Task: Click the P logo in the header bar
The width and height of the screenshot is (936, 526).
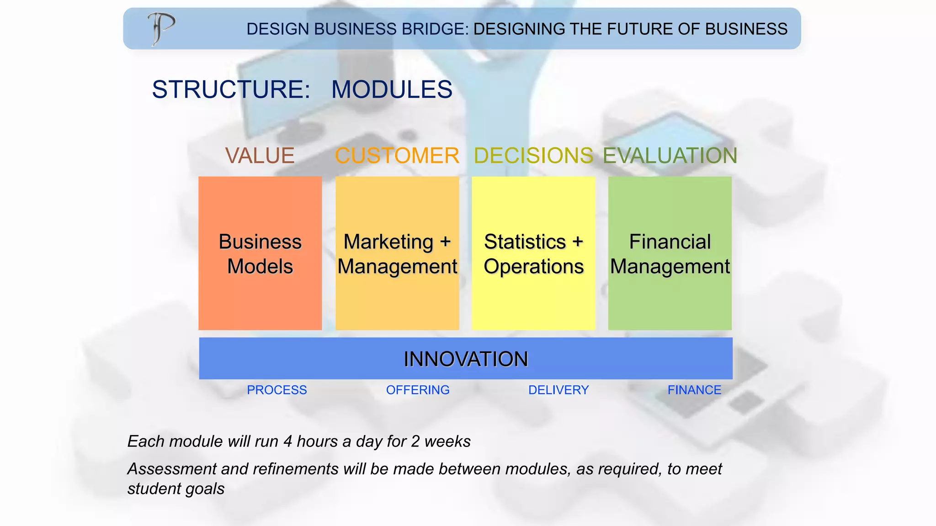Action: [x=161, y=28]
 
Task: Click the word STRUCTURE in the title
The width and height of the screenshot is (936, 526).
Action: [x=231, y=89]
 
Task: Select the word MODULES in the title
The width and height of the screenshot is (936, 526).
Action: [x=392, y=89]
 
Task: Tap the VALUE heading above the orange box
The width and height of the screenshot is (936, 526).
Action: [x=260, y=156]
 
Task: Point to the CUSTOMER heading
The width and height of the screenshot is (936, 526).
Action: [x=397, y=156]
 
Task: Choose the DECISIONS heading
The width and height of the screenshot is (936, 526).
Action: [x=533, y=156]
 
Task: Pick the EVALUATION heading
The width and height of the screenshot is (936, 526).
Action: [x=670, y=156]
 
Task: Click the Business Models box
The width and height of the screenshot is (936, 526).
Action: [x=260, y=253]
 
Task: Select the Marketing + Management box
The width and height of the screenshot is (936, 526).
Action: [x=397, y=253]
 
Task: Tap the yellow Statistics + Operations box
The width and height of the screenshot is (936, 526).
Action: [x=533, y=253]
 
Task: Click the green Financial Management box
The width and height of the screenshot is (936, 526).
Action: [x=670, y=253]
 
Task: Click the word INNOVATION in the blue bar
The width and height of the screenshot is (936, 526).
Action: [x=466, y=359]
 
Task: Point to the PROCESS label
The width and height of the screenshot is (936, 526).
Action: [x=277, y=390]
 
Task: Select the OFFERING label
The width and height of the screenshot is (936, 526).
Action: [x=418, y=390]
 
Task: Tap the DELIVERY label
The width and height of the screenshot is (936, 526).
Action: [x=558, y=390]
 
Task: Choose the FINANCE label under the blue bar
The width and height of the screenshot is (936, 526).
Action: [x=694, y=390]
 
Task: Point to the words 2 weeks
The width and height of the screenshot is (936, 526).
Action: [x=441, y=442]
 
